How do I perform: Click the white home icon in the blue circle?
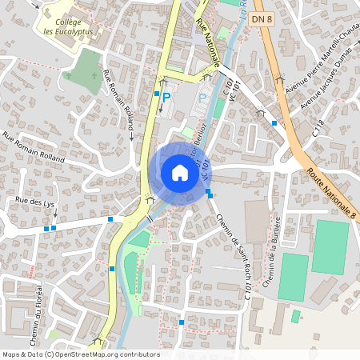tap(179, 172)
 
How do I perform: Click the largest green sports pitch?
tap(330, 246)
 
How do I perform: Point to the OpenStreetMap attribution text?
tap(80, 354)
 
